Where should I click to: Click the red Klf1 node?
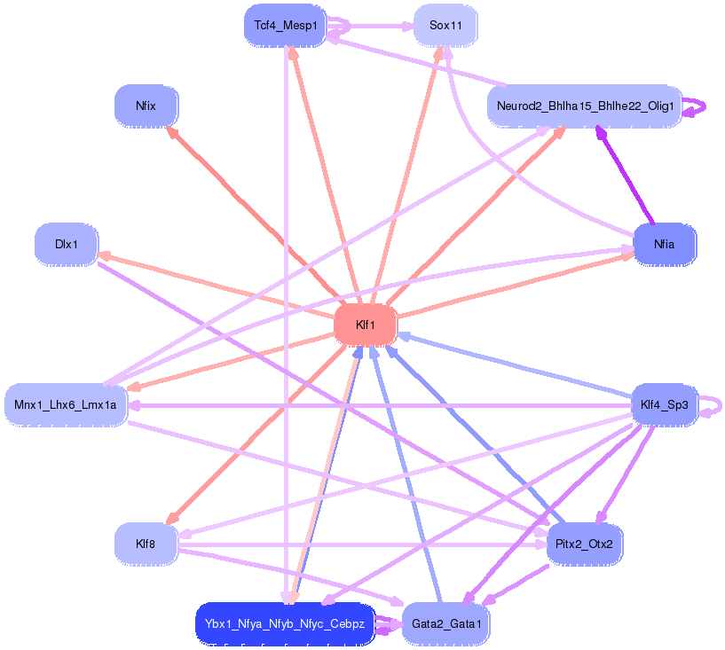coord(365,325)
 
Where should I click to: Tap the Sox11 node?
coord(445,25)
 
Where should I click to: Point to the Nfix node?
coord(146,106)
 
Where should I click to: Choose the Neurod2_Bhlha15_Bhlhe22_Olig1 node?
coord(585,106)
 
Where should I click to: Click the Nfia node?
coord(664,244)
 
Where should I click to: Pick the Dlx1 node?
coord(66,244)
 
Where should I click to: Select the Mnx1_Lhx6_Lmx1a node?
coord(66,406)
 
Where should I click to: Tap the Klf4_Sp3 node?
coord(664,406)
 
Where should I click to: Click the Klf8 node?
coord(146,543)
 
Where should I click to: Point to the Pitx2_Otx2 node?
coord(584,543)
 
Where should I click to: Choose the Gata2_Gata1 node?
coord(445,623)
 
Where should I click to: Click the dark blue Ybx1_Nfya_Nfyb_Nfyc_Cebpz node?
coord(285,623)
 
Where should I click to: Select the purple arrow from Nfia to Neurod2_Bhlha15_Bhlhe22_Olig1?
coord(625,174)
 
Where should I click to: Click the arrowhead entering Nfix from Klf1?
coord(172,132)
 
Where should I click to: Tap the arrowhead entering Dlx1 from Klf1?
coord(104,255)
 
